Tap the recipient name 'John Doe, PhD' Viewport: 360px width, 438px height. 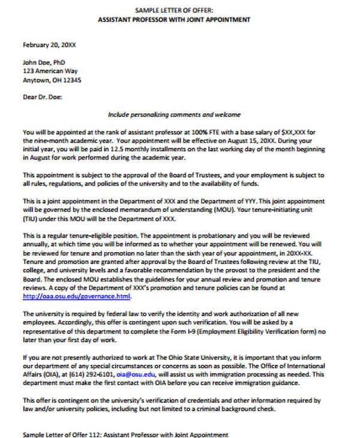coord(44,62)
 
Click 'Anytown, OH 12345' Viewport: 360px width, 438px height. coord(52,80)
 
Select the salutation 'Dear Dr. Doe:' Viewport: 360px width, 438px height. coord(42,96)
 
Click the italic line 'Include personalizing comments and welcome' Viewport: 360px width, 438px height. coord(174,114)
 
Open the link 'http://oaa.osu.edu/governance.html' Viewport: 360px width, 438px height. coord(77,296)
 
